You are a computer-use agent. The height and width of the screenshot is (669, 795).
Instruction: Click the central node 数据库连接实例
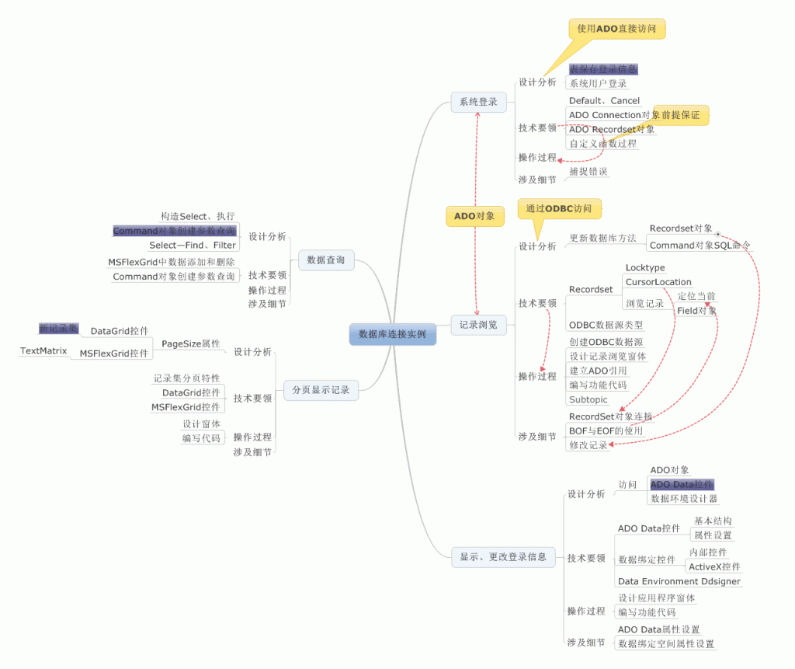coord(392,334)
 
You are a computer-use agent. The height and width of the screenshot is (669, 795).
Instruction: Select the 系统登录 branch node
coord(478,102)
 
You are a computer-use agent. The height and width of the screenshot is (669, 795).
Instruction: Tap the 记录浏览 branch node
coord(478,325)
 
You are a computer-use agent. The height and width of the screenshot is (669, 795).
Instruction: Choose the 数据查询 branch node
coord(326,260)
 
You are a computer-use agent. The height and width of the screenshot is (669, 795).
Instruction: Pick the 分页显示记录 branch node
coord(321,390)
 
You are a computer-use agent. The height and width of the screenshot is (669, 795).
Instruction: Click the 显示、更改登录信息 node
coord(503,556)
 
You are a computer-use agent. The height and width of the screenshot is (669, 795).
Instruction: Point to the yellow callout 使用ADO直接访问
coord(617,29)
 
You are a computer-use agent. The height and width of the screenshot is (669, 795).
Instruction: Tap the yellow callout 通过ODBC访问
coord(559,209)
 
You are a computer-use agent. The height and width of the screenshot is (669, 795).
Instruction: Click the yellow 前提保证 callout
coord(681,115)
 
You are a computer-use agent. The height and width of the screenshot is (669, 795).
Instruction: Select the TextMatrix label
coord(43,351)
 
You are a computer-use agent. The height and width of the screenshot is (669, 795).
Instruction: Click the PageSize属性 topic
coord(190,343)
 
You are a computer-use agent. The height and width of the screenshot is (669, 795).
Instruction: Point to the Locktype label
coord(645,268)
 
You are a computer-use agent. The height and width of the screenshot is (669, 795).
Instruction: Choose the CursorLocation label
coord(658,282)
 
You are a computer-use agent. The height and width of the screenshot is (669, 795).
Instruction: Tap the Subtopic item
coord(588,399)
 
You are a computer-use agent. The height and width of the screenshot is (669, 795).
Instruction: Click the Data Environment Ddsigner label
coord(679,581)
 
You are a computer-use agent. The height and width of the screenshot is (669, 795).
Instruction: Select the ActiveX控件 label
coord(714,566)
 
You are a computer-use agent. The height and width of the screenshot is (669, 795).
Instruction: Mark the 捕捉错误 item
coord(588,171)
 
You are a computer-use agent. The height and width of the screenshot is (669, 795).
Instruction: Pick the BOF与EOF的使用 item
coord(606,430)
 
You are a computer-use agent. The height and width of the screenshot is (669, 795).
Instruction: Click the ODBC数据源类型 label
coord(606,325)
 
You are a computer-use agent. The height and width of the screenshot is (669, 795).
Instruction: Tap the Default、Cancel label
coord(604,100)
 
